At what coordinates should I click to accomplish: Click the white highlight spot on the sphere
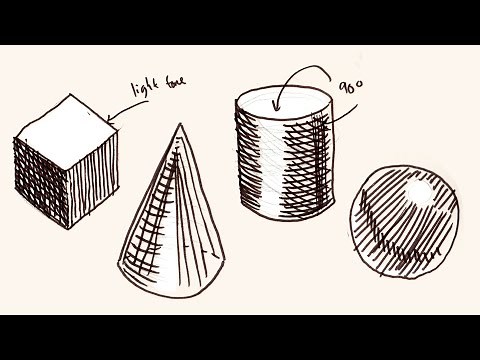click(417, 190)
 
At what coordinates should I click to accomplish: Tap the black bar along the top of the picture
click(240, 20)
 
